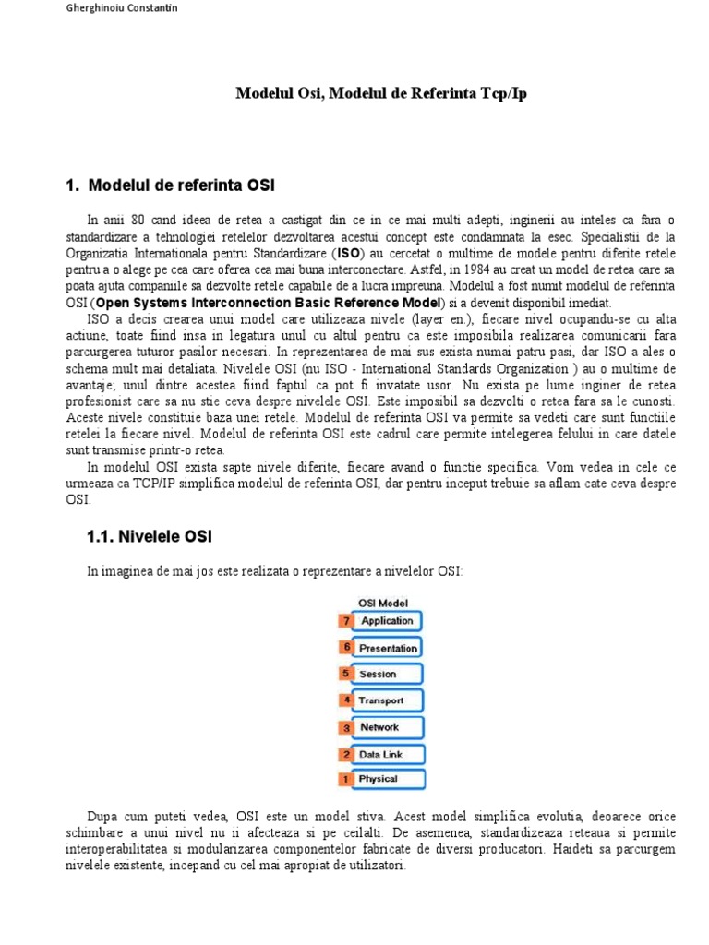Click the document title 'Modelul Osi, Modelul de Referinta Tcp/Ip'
pyautogui.click(x=381, y=94)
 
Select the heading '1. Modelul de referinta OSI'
pyautogui.click(x=170, y=185)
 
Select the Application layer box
pyautogui.click(x=387, y=621)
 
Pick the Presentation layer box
pyautogui.click(x=387, y=648)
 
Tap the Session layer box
pyautogui.click(x=387, y=674)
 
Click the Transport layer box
pyautogui.click(x=387, y=700)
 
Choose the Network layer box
pyautogui.click(x=387, y=727)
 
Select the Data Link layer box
pyautogui.click(x=387, y=754)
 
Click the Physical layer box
pyautogui.click(x=387, y=780)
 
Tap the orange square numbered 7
pyautogui.click(x=346, y=621)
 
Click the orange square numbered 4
pyautogui.click(x=346, y=700)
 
